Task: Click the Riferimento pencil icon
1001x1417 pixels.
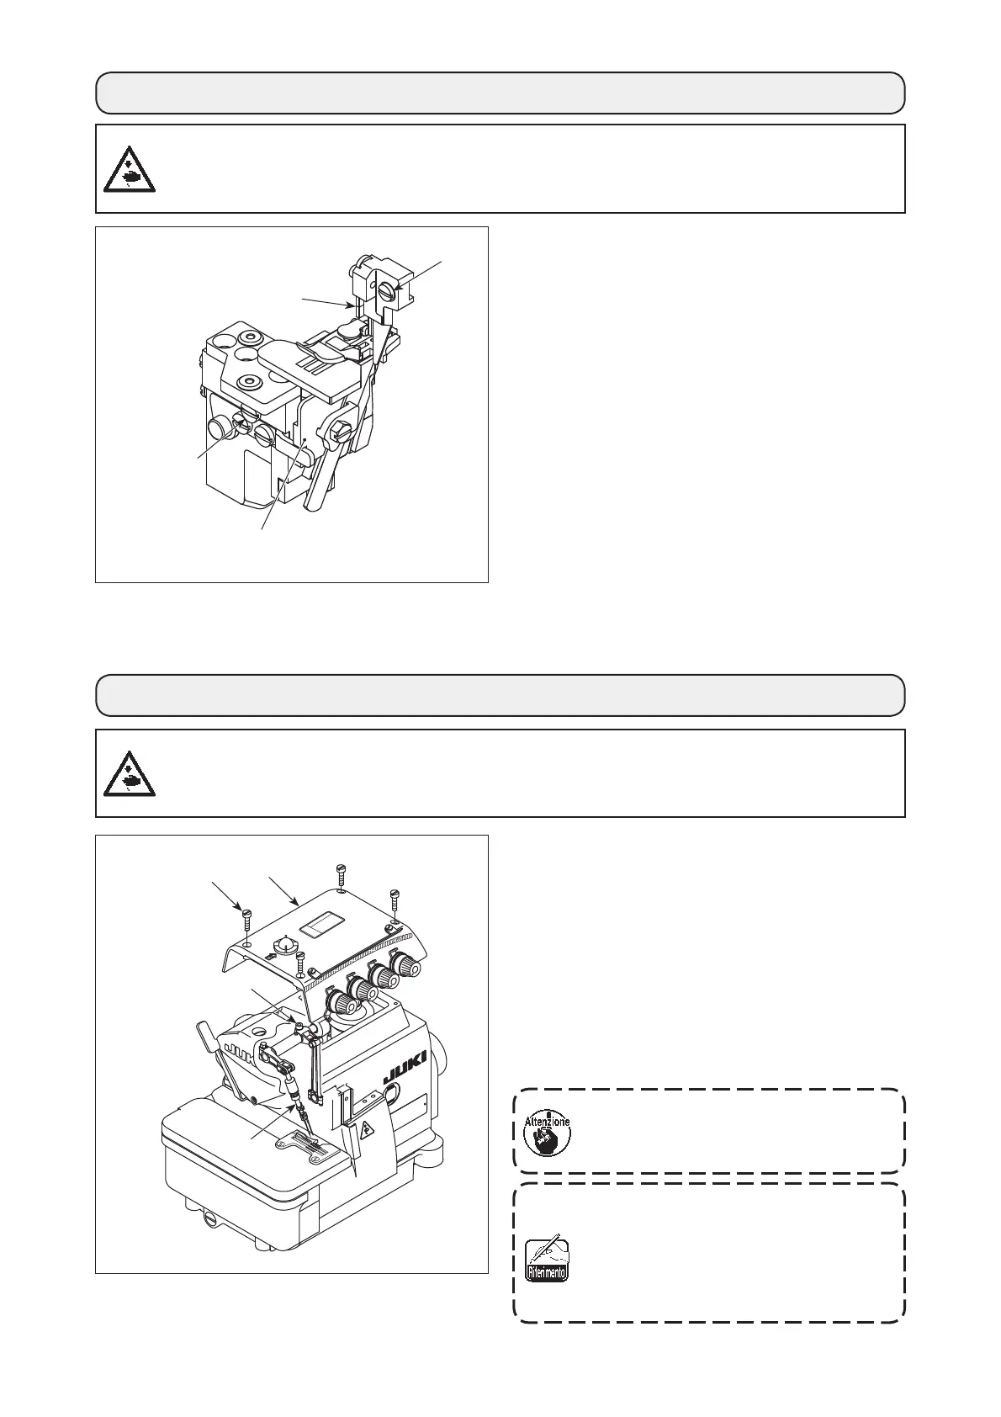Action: coord(547,1260)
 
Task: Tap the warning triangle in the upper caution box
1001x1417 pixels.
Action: coord(128,168)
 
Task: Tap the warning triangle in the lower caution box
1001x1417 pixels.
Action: coord(128,772)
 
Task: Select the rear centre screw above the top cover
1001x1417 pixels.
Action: coord(341,871)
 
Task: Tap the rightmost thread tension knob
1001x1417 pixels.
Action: coord(409,966)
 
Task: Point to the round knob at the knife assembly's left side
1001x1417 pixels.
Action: coord(220,427)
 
